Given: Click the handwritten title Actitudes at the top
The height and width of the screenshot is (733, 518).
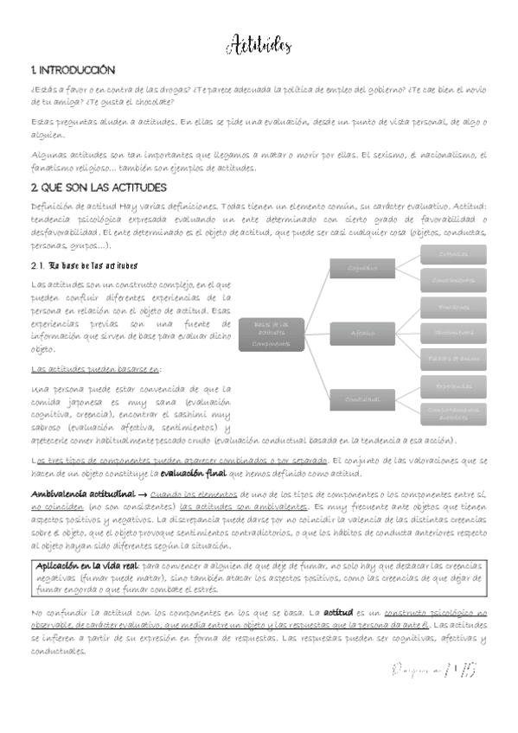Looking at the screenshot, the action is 260,46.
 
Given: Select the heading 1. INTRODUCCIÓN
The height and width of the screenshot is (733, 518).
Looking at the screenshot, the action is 72,70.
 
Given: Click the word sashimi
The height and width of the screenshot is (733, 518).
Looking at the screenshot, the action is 169,414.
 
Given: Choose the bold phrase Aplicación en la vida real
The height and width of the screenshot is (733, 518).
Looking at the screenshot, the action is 86,563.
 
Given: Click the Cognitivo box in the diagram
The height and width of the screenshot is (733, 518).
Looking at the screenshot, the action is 362,269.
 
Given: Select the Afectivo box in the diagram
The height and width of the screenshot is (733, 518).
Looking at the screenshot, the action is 362,333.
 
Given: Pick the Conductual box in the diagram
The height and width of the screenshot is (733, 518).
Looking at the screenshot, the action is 362,398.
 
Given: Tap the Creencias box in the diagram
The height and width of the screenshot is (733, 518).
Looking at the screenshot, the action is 455,254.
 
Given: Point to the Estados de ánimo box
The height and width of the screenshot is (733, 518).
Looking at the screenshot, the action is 455,357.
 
